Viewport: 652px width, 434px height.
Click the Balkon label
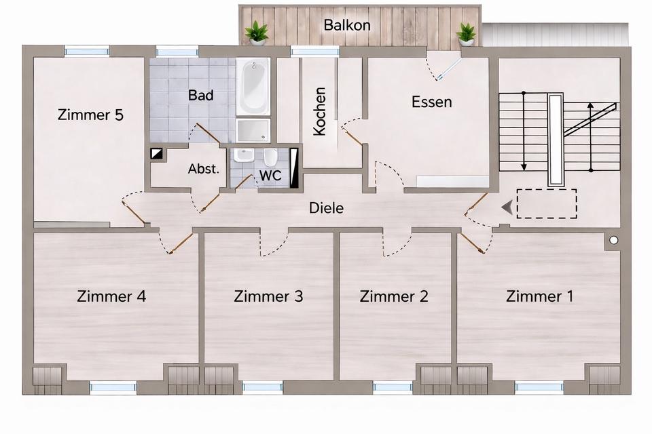[347, 26]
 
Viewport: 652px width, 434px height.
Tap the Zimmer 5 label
[91, 115]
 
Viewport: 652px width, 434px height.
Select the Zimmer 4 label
[111, 296]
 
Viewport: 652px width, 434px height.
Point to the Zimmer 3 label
[268, 296]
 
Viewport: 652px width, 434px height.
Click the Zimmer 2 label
[394, 296]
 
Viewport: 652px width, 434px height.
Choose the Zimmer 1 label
[540, 296]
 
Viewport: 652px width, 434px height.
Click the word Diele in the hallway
[326, 208]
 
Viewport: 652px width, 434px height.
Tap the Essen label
[432, 102]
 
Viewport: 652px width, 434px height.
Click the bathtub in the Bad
[253, 87]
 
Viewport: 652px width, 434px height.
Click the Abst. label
[203, 169]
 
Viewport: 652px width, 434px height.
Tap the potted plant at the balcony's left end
[257, 33]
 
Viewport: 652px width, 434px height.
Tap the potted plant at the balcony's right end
[466, 33]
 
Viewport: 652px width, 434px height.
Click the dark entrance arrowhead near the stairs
[506, 207]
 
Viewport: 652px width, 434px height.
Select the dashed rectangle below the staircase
[547, 204]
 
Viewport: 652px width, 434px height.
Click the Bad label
[201, 95]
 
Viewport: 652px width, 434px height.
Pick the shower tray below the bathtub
[253, 130]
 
